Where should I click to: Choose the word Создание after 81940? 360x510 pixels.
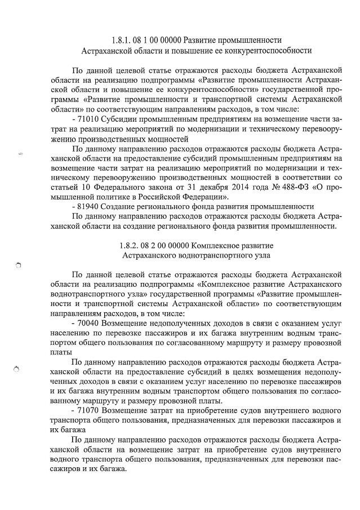pos(122,206)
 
